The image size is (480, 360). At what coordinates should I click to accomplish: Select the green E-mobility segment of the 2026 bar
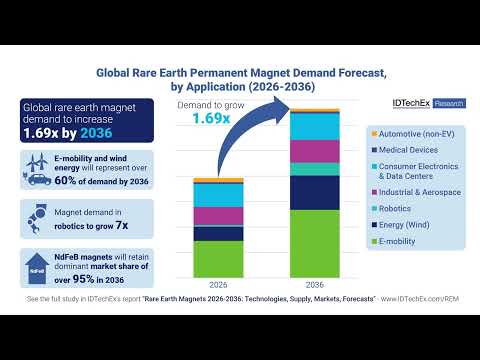pos(218,258)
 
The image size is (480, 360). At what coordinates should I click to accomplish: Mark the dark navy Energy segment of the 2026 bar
pos(218,233)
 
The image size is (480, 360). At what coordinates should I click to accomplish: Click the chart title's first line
pos(240,72)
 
